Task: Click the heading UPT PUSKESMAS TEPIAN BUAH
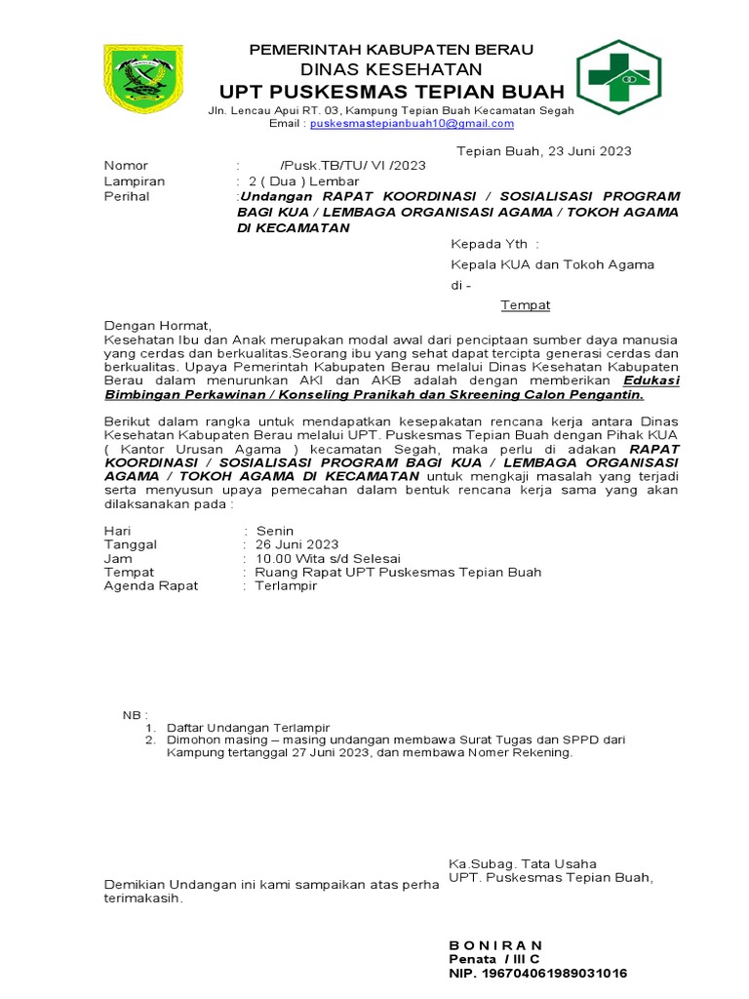(x=391, y=92)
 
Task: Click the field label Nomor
(x=127, y=166)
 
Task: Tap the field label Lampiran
(x=135, y=181)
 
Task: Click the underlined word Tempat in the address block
(x=526, y=305)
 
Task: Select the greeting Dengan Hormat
(x=157, y=325)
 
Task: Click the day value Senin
(x=275, y=530)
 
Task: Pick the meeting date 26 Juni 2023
(x=296, y=544)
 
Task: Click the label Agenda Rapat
(x=151, y=585)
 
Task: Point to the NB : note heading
(x=135, y=715)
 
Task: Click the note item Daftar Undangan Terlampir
(x=249, y=728)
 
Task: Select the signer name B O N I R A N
(x=495, y=945)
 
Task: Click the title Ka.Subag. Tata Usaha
(x=522, y=863)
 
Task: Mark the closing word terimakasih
(x=143, y=899)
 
